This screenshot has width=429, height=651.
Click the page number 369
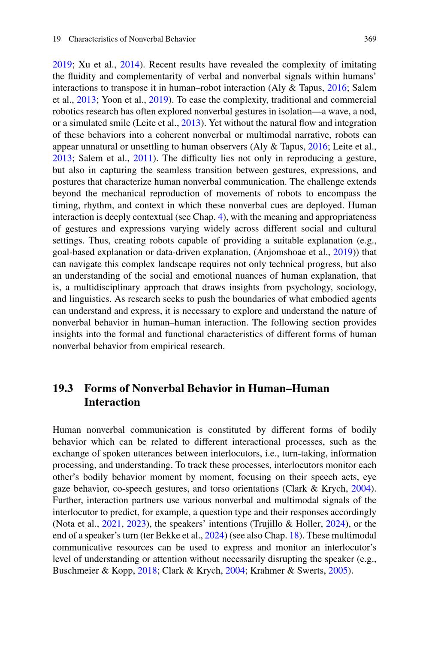coord(370,39)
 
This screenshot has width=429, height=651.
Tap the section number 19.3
coord(63,389)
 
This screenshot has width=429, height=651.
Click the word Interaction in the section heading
coord(112,402)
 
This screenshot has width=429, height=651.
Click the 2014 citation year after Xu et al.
coord(129,65)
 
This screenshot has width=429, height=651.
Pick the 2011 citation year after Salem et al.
coord(143,158)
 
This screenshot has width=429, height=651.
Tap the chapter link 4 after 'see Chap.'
coord(221,217)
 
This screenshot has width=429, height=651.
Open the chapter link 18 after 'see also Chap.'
coord(294,535)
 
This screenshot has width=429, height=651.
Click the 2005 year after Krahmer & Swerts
coord(337,571)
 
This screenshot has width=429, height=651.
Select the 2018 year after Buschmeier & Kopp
coord(147,571)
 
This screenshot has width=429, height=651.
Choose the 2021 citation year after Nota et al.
coord(111,524)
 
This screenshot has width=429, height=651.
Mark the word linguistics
coord(88,299)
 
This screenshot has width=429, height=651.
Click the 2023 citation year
coord(136,524)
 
